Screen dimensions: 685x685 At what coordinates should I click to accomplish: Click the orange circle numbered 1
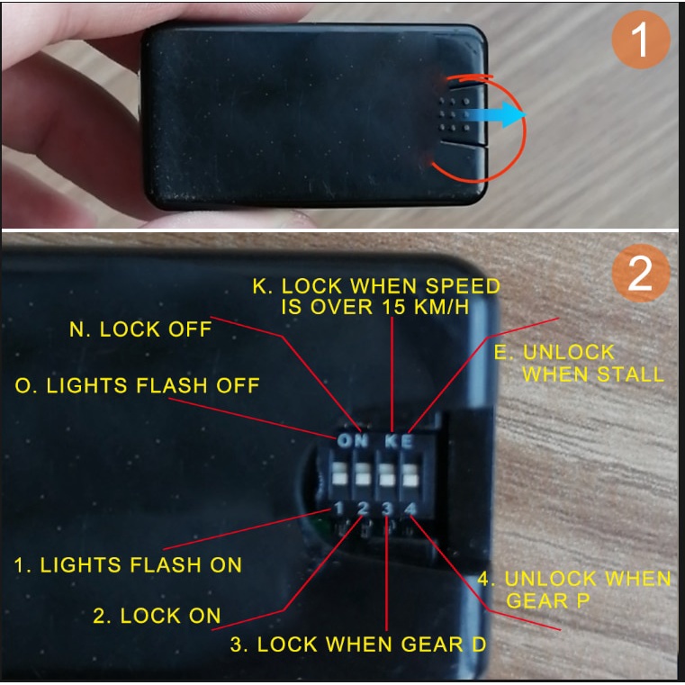pyautogui.click(x=640, y=40)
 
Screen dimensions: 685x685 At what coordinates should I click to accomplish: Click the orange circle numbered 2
pyautogui.click(x=640, y=273)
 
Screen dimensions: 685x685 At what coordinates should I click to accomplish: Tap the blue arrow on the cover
pyautogui.click(x=495, y=115)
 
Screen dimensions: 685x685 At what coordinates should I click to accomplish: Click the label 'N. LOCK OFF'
pyautogui.click(x=140, y=329)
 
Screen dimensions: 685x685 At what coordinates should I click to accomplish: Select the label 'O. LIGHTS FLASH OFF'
pyautogui.click(x=137, y=385)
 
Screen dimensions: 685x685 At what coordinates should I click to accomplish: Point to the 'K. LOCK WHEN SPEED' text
pyautogui.click(x=376, y=286)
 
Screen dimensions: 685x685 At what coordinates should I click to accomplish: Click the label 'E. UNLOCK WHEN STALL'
pyautogui.click(x=579, y=364)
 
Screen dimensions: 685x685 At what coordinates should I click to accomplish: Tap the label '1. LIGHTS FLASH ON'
pyautogui.click(x=128, y=565)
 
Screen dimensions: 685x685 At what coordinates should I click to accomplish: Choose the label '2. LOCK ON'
pyautogui.click(x=157, y=616)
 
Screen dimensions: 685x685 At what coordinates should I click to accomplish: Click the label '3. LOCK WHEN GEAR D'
pyautogui.click(x=357, y=644)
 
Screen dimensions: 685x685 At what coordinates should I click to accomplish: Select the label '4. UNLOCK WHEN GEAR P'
pyautogui.click(x=574, y=590)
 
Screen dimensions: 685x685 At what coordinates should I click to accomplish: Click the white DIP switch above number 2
pyautogui.click(x=363, y=474)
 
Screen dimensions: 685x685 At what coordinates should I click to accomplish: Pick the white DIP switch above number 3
pyautogui.click(x=386, y=475)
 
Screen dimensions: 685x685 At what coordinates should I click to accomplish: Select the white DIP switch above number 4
pyautogui.click(x=410, y=475)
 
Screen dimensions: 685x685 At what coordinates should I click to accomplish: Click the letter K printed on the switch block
pyautogui.click(x=391, y=442)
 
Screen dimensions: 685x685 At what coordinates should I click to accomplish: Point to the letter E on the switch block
pyautogui.click(x=407, y=442)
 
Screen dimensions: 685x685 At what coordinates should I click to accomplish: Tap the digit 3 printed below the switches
pyautogui.click(x=387, y=509)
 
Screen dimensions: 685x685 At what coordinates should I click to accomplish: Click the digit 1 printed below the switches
pyautogui.click(x=338, y=508)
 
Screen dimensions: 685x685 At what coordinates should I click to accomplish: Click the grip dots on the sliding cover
pyautogui.click(x=455, y=115)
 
